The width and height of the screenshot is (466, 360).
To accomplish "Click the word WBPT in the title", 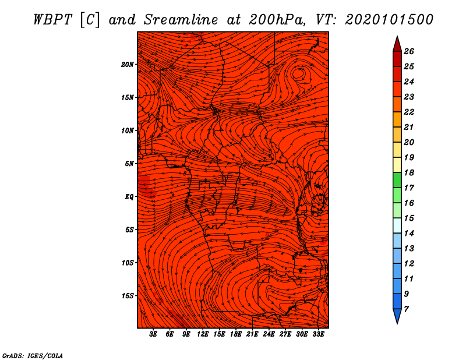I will pyautogui.click(x=51, y=19).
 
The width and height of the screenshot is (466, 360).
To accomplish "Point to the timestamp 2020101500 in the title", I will pyautogui.click(x=389, y=19).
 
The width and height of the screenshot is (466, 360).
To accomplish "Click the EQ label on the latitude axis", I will pyautogui.click(x=129, y=197).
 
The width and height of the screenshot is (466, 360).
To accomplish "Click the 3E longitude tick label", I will pyautogui.click(x=154, y=334).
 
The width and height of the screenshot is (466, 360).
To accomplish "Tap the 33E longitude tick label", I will pyautogui.click(x=319, y=334).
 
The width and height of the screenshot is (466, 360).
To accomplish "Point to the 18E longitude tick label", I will pyautogui.click(x=236, y=334).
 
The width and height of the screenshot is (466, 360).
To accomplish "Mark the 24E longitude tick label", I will pyautogui.click(x=269, y=334).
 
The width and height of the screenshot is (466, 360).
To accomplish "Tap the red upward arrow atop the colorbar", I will pyautogui.click(x=397, y=43).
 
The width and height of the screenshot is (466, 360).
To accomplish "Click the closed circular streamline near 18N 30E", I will pyautogui.click(x=299, y=73).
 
